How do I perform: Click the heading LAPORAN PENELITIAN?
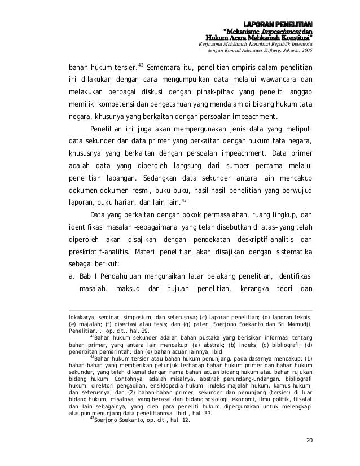[284, 24]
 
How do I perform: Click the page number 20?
[308, 440]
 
